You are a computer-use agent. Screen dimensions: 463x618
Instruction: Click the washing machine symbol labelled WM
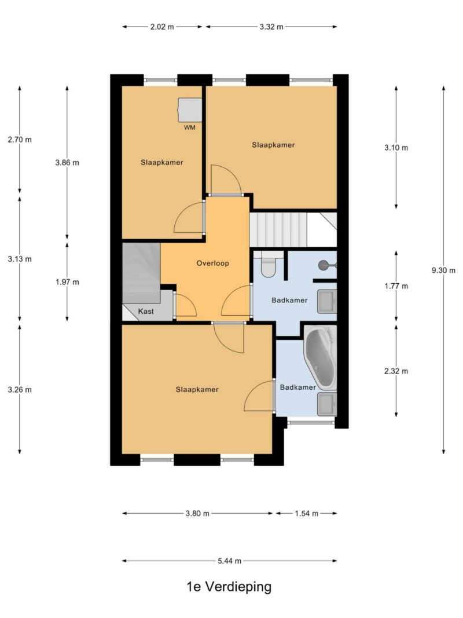190,110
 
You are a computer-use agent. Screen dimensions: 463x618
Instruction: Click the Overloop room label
212,264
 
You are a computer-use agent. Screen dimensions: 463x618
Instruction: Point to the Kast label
146,312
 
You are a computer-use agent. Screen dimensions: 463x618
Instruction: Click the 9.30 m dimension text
443,270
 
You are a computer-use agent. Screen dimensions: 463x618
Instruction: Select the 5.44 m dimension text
230,561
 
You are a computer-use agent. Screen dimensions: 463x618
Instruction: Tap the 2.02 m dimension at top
162,27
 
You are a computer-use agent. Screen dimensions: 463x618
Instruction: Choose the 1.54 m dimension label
306,513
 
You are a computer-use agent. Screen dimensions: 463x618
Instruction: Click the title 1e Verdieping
229,587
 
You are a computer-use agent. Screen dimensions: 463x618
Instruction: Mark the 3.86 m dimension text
67,162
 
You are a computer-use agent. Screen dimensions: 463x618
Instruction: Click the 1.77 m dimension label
396,286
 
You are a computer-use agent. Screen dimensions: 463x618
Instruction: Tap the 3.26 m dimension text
20,390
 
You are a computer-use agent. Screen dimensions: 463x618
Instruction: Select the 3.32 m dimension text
271,27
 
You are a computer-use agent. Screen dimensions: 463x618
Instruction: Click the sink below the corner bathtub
327,404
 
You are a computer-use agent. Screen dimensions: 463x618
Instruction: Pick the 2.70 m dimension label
20,140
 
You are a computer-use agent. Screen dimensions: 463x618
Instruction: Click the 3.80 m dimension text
197,513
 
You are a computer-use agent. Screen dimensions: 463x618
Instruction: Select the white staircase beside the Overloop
278,230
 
